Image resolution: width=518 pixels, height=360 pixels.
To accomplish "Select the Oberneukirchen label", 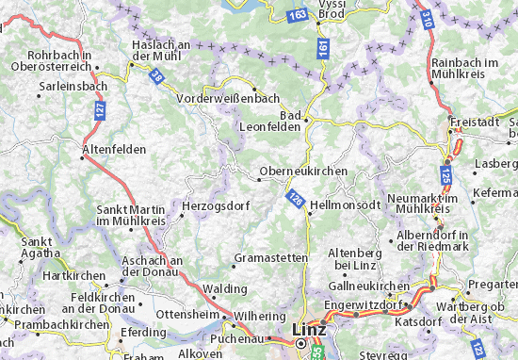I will coord(303,172).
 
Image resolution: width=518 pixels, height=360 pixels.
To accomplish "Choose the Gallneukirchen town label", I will coord(370,286).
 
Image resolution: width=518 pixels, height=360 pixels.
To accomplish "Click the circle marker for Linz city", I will coord(301,343).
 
